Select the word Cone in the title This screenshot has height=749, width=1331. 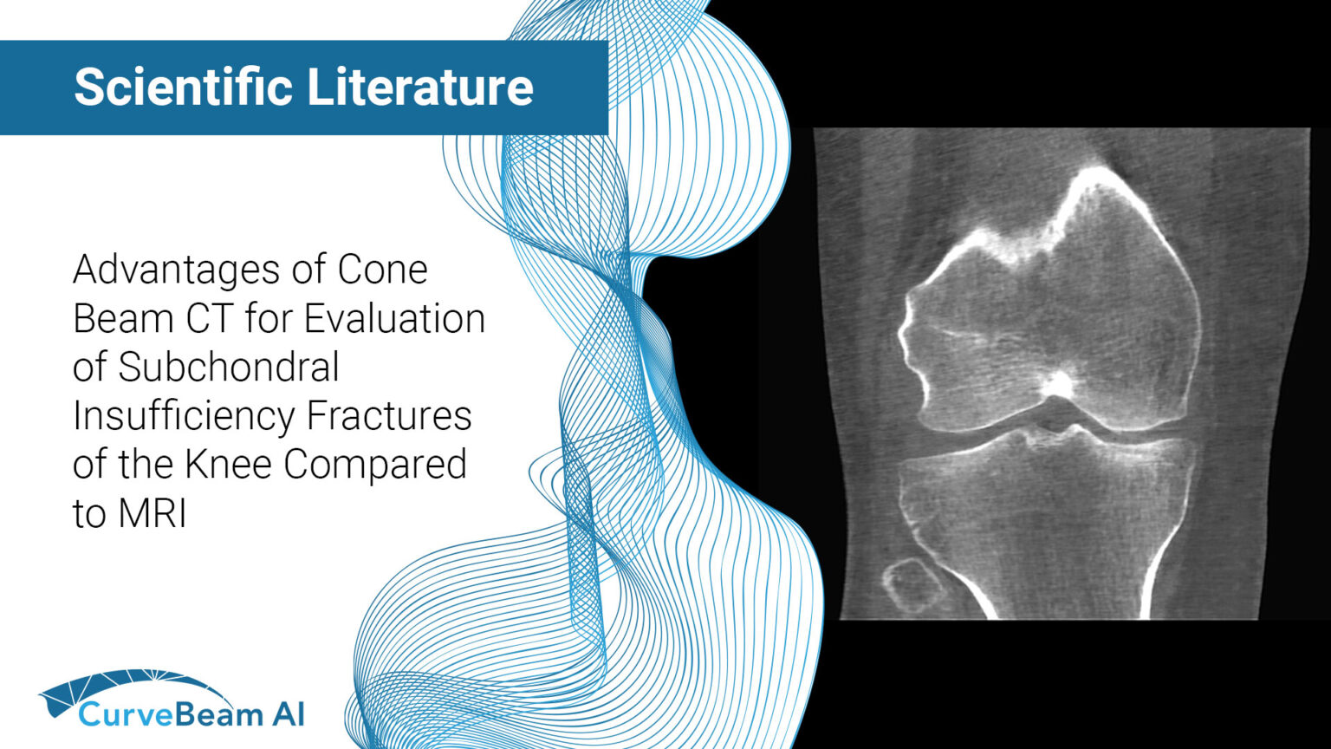382,270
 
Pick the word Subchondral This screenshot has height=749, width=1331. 229,368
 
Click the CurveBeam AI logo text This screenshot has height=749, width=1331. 191,714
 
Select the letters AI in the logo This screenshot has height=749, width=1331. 287,714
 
